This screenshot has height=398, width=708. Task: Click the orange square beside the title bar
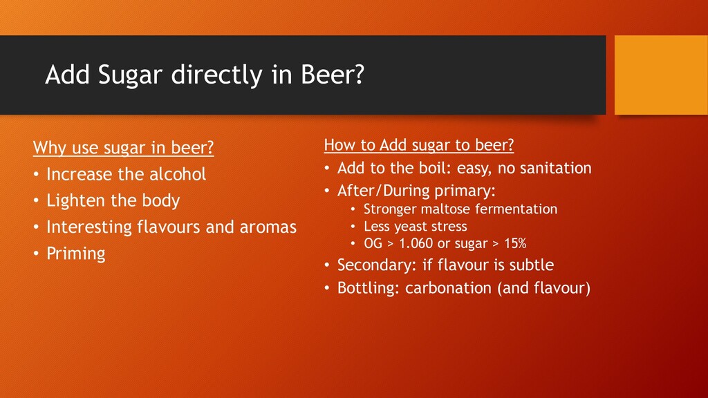[658, 75]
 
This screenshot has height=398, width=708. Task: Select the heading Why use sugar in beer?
[124, 148]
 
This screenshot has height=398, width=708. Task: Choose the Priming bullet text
[76, 254]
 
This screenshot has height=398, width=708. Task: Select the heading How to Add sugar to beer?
[419, 145]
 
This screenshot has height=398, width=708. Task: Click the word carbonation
[449, 287]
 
